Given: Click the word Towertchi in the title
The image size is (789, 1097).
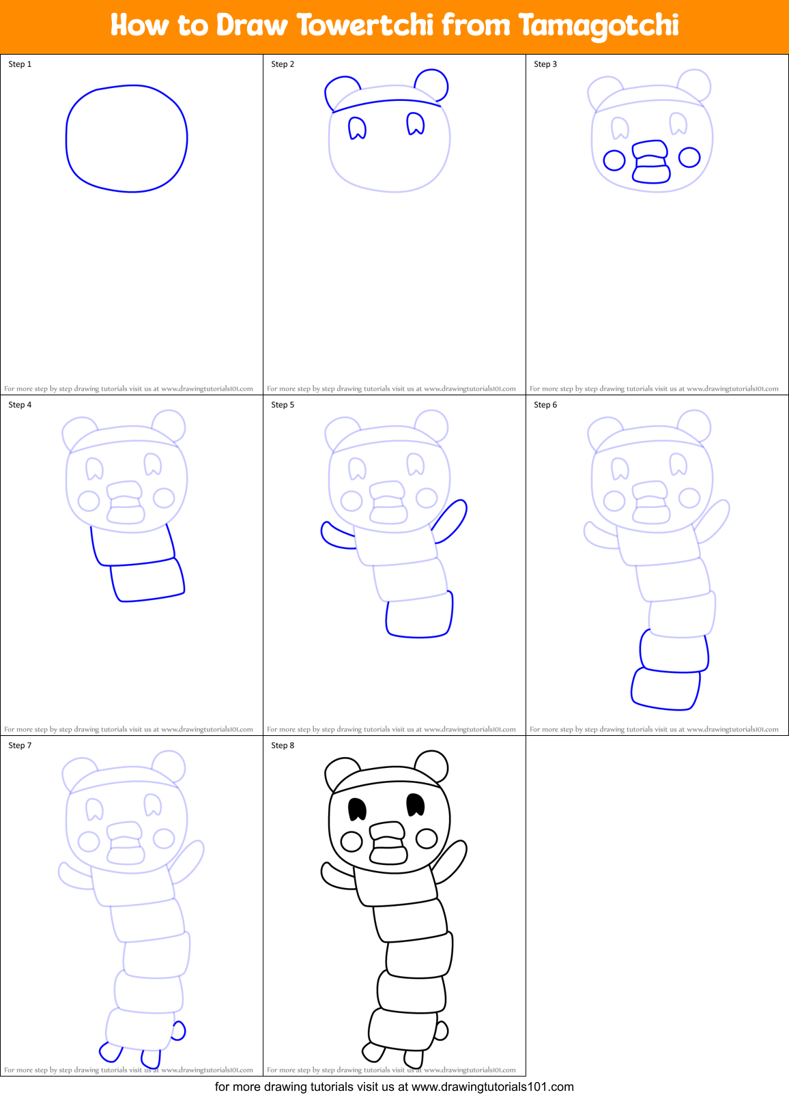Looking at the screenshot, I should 365,25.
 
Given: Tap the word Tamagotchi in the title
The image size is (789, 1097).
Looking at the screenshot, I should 598,27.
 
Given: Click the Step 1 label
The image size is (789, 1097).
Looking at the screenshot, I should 20,64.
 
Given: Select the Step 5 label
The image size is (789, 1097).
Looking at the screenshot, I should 283,405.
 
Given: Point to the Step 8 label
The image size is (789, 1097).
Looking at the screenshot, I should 283,745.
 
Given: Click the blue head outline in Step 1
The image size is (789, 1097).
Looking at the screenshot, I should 67,137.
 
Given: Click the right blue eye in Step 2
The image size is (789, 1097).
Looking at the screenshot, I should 415,124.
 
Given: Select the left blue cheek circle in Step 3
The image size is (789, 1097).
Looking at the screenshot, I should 614,160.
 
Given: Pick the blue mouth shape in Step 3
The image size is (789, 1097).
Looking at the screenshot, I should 650,162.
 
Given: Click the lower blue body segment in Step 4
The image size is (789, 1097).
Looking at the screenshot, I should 147,580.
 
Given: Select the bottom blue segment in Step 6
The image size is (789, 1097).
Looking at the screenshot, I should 665,689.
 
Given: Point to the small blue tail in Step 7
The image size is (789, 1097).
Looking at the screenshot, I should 178,1031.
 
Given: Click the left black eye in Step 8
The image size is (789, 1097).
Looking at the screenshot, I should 357,809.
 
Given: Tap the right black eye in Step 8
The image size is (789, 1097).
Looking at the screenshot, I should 415,805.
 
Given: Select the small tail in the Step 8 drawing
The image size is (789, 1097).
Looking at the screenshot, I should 441,1031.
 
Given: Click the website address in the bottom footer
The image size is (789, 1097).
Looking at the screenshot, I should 492,1087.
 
